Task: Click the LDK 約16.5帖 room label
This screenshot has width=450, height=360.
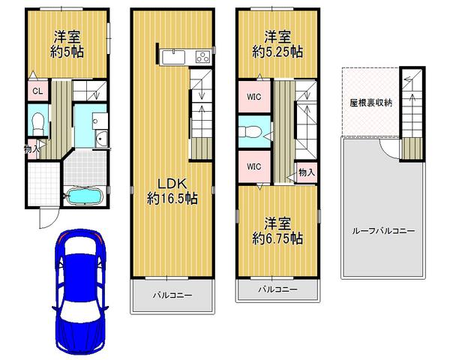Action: [172, 191]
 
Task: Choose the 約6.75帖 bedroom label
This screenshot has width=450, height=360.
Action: [277, 231]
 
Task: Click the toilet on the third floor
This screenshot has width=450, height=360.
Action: [251, 132]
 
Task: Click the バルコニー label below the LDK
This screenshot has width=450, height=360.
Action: [172, 295]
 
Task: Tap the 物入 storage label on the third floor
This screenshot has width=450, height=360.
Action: [305, 172]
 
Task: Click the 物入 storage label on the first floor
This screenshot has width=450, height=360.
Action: [32, 149]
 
